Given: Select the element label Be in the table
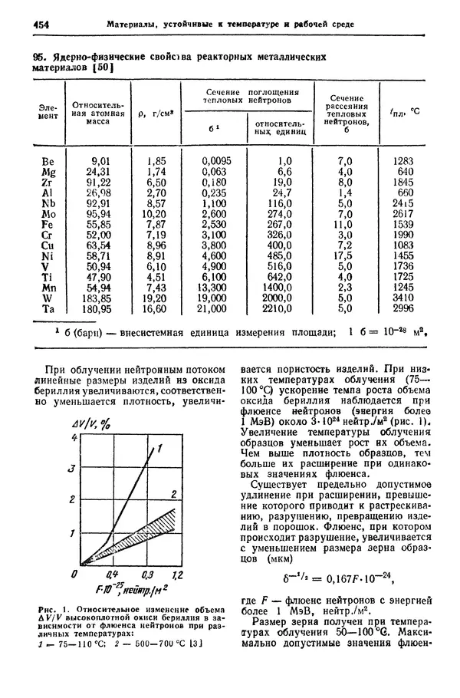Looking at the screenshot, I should [48, 162].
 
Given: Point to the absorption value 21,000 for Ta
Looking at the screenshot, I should [212, 309].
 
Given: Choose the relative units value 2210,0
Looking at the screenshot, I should [275, 309].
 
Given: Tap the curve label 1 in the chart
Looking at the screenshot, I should [161, 450].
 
